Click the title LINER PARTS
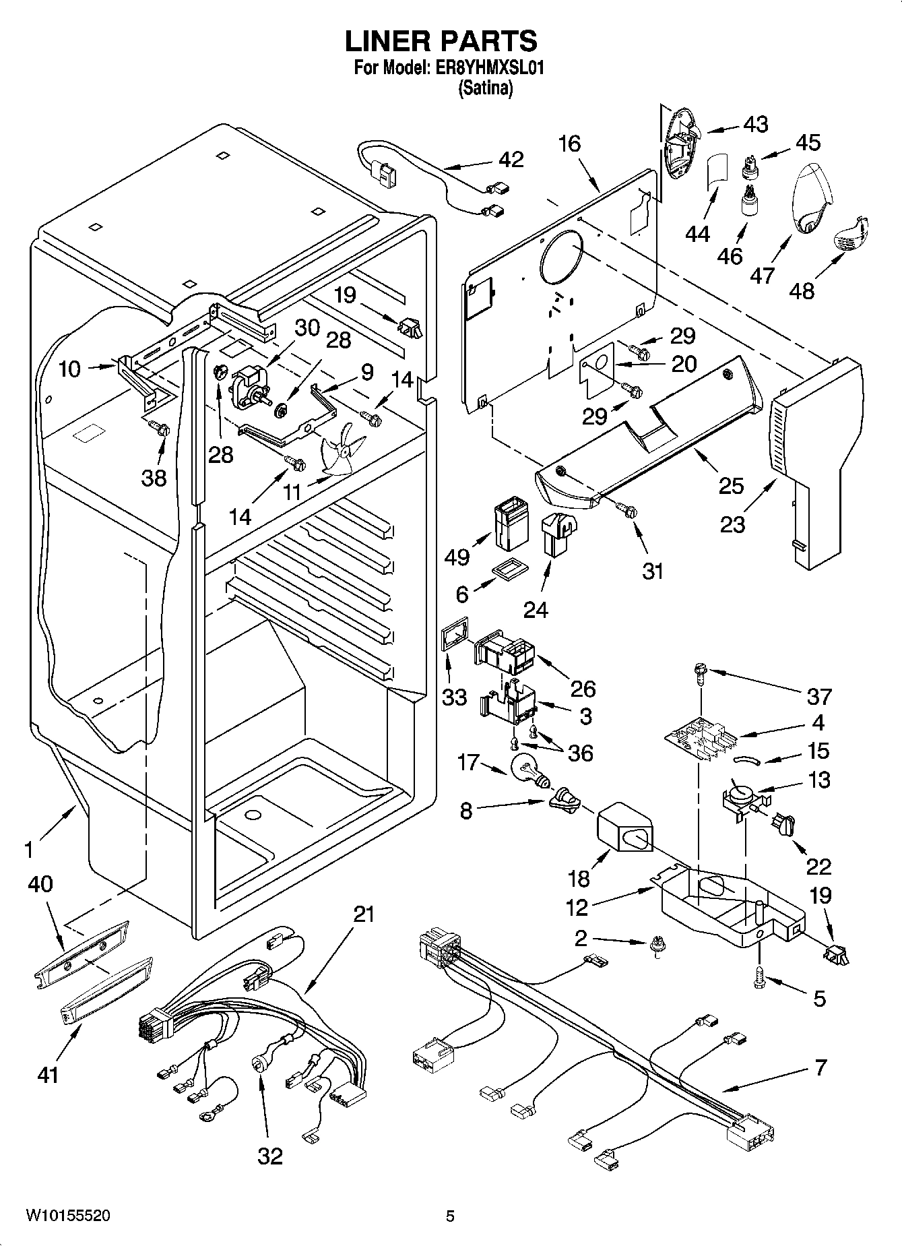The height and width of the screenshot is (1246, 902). point(441,41)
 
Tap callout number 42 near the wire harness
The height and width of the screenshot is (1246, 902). point(511,160)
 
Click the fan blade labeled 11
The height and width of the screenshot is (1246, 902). point(342,453)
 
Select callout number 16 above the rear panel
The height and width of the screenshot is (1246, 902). point(569,144)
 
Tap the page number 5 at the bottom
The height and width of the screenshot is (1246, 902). point(450,1216)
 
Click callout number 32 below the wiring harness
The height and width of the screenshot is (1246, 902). point(270,1156)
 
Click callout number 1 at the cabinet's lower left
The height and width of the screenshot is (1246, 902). point(28,850)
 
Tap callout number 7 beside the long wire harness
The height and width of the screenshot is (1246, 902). point(820,1067)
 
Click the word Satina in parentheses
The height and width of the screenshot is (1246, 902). point(485,88)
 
